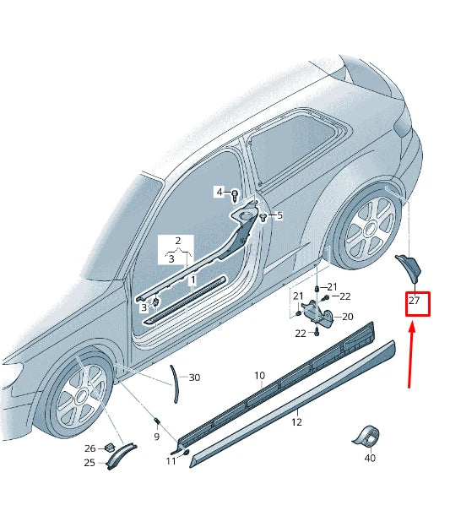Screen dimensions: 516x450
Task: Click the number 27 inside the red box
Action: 415,301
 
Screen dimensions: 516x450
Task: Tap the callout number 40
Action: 370,459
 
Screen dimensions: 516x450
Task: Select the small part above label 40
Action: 366,436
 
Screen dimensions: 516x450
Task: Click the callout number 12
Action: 296,421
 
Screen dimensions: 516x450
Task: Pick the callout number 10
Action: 259,375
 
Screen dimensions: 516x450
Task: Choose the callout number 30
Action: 195,377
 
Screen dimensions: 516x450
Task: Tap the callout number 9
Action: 156,437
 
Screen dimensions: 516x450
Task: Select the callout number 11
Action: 171,461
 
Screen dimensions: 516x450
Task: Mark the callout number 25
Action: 89,462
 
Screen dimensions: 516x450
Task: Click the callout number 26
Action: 89,448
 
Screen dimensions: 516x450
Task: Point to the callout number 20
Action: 348,318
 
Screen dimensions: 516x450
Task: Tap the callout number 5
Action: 279,215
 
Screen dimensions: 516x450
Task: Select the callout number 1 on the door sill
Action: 192,280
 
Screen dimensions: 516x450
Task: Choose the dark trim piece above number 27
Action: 409,266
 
